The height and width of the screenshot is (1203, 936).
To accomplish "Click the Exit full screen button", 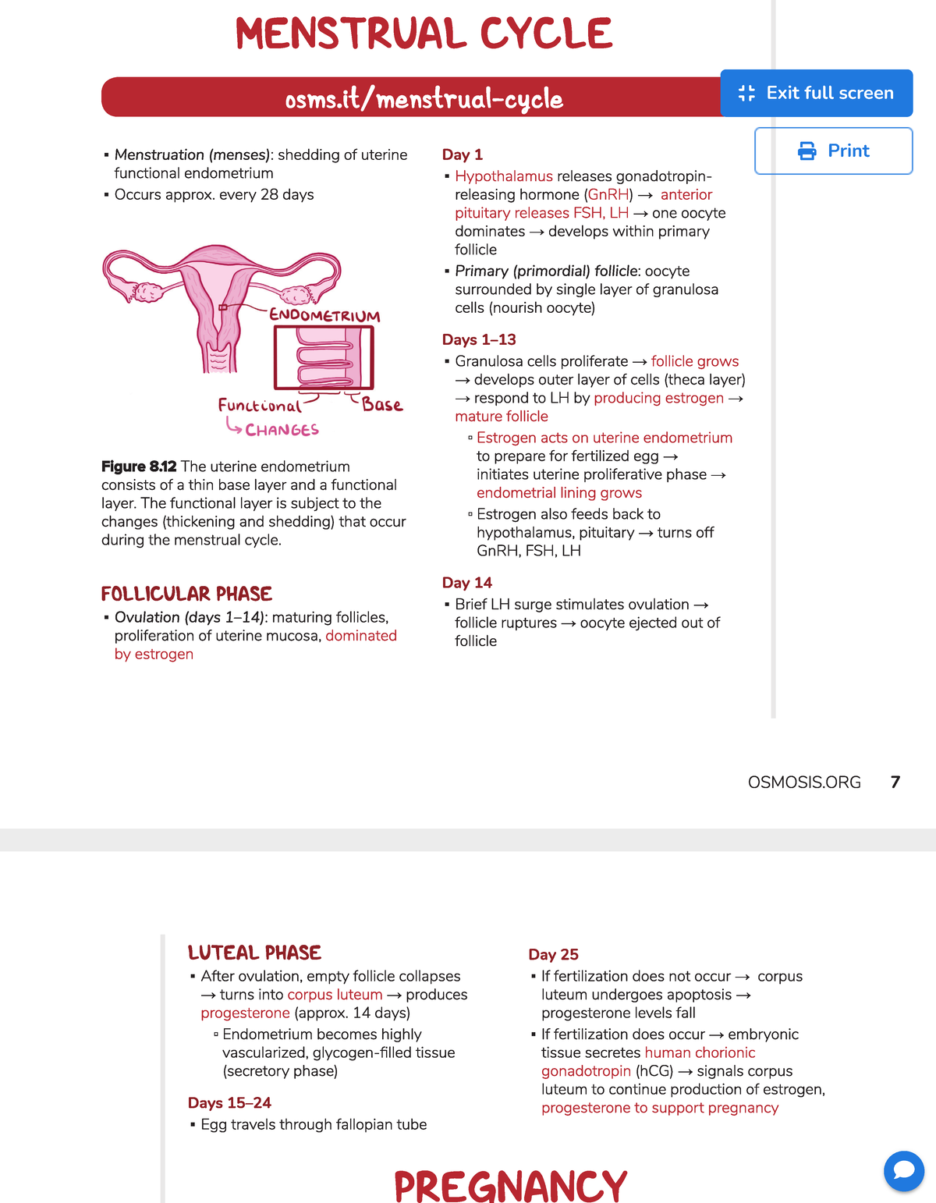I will point(816,93).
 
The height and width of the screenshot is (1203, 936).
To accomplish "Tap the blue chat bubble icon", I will point(903,1170).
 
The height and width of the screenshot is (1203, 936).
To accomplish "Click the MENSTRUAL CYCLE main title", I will point(424,34).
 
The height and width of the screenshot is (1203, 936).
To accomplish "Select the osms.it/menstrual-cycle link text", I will point(424,99).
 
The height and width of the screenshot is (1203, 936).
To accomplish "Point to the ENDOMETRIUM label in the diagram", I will point(324,315).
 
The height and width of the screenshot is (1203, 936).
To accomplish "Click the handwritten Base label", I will point(382,405).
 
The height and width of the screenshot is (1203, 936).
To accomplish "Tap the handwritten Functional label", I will point(259,406).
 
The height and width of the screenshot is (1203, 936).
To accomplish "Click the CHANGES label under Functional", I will point(282,430).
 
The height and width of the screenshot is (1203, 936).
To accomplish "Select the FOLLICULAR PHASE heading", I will point(186,594).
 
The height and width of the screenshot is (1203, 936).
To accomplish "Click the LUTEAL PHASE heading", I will point(254,953).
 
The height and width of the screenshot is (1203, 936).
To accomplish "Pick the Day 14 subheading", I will point(466,583).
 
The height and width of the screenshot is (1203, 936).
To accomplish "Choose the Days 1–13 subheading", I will point(479,339).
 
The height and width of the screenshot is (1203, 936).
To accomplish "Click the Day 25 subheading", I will point(553,954).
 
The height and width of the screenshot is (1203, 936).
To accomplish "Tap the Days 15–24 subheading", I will point(229,1102).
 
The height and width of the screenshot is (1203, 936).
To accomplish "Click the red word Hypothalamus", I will point(503,176).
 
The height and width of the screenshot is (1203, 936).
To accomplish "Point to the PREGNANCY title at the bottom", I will point(510,1186).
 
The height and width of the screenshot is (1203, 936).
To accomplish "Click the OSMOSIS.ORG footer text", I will point(804,782).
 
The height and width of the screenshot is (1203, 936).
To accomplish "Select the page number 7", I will point(895,782).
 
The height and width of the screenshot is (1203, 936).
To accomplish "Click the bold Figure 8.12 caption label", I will point(139,467).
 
